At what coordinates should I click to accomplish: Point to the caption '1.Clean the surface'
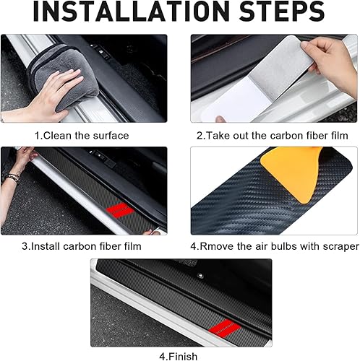[x=82, y=135]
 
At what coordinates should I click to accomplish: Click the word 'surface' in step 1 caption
[x=110, y=135]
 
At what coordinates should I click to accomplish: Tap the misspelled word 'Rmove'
[x=215, y=246]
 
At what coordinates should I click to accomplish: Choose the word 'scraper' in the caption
[x=340, y=246]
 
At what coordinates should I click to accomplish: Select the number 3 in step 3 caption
[x=25, y=246]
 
